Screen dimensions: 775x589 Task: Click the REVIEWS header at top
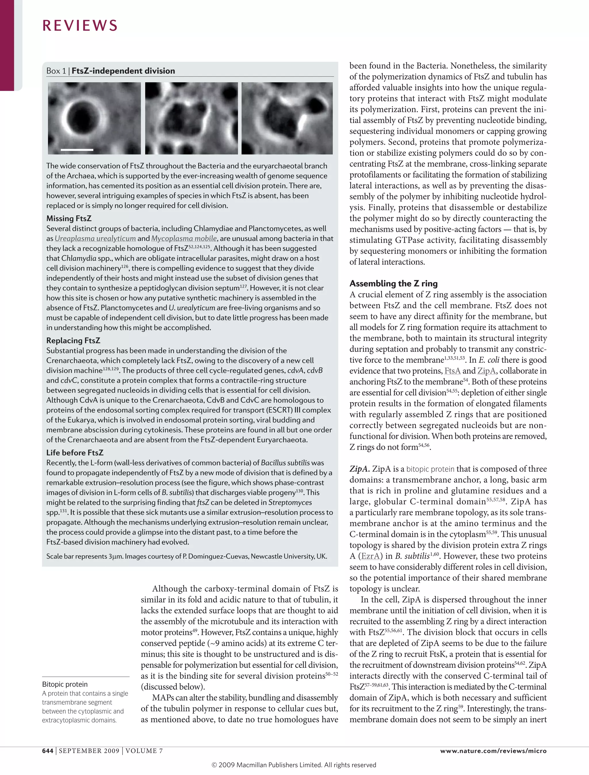pyautogui.click(x=80, y=26)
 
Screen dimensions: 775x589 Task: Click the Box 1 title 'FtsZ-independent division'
pyautogui.click(x=123, y=71)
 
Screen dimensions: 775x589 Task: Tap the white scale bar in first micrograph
pyautogui.click(x=77, y=150)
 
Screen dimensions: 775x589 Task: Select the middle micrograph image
pyautogui.click(x=192, y=118)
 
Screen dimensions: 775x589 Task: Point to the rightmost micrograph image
pyautogui.click(x=287, y=118)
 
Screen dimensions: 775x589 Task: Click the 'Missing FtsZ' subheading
pyautogui.click(x=69, y=218)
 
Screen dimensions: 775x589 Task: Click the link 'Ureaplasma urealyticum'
pyautogui.click(x=95, y=238)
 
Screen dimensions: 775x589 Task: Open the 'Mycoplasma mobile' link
pyautogui.click(x=184, y=238)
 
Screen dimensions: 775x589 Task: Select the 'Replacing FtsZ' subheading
pyautogui.click(x=73, y=341)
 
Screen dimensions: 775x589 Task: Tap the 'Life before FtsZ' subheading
pyautogui.click(x=75, y=453)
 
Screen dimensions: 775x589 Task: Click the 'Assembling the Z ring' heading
pyautogui.click(x=393, y=283)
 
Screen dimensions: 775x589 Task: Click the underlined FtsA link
pyautogui.click(x=452, y=371)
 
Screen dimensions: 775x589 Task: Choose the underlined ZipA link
pyautogui.click(x=487, y=371)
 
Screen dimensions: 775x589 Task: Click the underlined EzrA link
pyautogui.click(x=370, y=556)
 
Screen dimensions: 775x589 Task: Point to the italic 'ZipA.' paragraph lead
pyautogui.click(x=359, y=469)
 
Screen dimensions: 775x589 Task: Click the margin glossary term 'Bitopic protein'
pyautogui.click(x=65, y=684)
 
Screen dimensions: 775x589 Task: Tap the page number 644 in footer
pyautogui.click(x=48, y=751)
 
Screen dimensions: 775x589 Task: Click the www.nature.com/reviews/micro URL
pyautogui.click(x=493, y=751)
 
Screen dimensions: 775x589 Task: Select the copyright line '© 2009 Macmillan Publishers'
pyautogui.click(x=294, y=765)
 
